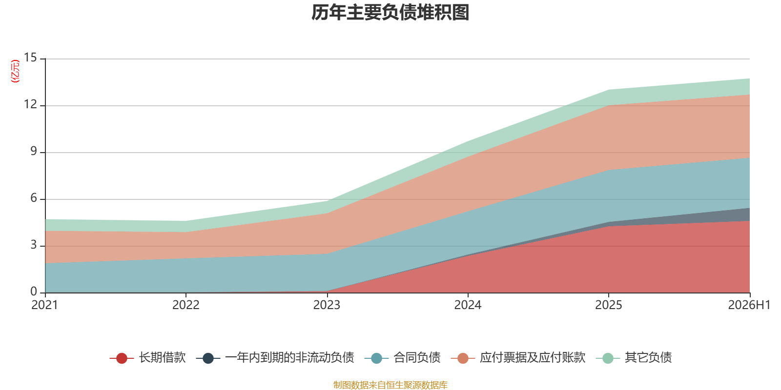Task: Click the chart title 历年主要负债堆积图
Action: (390, 13)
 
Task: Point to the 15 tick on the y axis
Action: (30, 58)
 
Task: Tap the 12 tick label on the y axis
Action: (30, 104)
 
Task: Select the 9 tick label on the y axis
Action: (34, 151)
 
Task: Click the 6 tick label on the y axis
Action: (34, 198)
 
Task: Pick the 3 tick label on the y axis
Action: (34, 245)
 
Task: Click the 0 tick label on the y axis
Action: (34, 292)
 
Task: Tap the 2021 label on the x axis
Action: (44, 305)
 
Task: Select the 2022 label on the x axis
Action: (186, 305)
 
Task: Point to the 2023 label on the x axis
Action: (327, 305)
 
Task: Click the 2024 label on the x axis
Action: (468, 305)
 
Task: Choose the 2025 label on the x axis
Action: (608, 305)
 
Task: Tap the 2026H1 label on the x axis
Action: (749, 305)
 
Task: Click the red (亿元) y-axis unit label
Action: (15, 71)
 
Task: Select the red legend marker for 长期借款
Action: (122, 358)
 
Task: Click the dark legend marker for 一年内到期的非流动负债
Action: (208, 358)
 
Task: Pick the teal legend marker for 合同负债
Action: (376, 358)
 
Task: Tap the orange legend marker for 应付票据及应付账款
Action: (463, 358)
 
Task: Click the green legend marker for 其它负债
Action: (608, 358)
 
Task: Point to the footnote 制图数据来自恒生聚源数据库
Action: (390, 385)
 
